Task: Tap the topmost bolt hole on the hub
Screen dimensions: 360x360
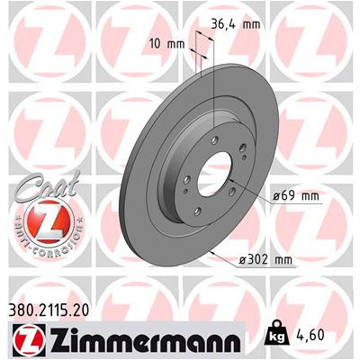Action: coord(213,137)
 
